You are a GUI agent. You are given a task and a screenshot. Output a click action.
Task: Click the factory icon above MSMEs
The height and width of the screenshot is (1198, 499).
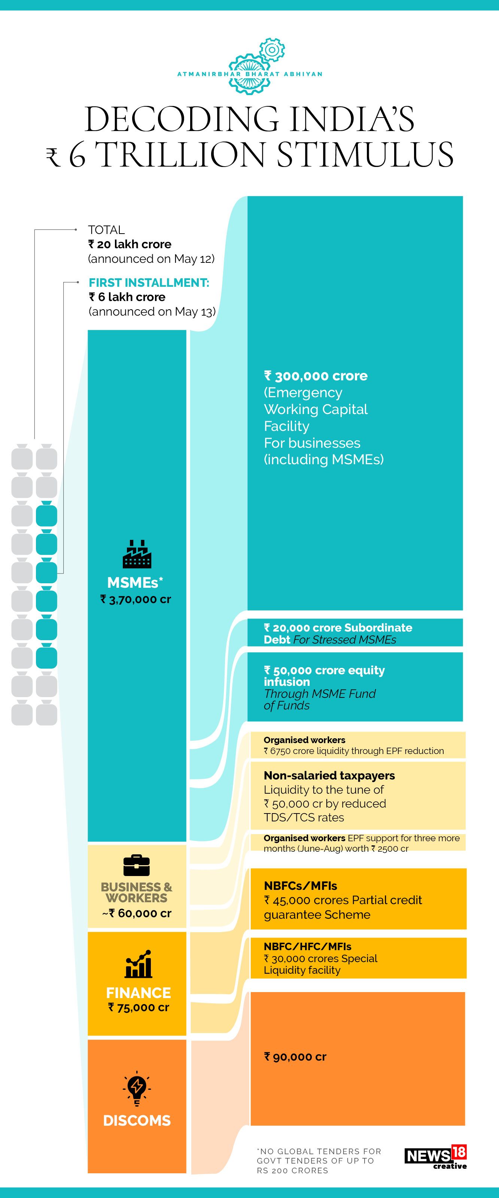[137, 554]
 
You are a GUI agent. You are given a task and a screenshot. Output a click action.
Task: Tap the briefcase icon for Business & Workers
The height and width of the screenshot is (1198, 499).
[137, 866]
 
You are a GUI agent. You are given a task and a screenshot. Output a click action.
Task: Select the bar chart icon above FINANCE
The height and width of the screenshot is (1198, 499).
[138, 964]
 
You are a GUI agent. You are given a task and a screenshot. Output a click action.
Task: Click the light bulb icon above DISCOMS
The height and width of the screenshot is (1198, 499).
[137, 1088]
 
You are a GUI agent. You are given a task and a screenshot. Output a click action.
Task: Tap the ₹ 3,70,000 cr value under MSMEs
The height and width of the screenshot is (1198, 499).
[136, 599]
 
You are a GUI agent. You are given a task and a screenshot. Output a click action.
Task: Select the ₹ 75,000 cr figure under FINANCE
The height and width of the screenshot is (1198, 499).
[139, 1008]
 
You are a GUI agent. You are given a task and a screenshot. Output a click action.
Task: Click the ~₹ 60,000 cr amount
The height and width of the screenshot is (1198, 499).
[137, 913]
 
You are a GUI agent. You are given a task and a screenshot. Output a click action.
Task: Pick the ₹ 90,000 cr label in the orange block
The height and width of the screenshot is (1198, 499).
[295, 1057]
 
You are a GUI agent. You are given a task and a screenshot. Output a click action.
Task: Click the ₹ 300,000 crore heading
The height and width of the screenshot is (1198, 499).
[316, 376]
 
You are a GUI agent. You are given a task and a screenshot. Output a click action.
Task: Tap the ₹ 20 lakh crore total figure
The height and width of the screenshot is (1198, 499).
[130, 244]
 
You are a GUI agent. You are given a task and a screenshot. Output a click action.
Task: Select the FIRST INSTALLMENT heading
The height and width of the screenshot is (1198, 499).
[149, 283]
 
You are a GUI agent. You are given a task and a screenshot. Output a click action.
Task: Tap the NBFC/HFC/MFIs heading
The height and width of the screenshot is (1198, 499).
[307, 946]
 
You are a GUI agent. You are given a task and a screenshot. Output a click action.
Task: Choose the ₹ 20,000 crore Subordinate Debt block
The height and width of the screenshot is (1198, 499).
[338, 633]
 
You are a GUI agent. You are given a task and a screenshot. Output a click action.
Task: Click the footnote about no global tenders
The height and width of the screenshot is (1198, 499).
[319, 1161]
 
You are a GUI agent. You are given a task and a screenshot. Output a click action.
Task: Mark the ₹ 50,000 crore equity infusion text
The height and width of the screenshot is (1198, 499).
[324, 676]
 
